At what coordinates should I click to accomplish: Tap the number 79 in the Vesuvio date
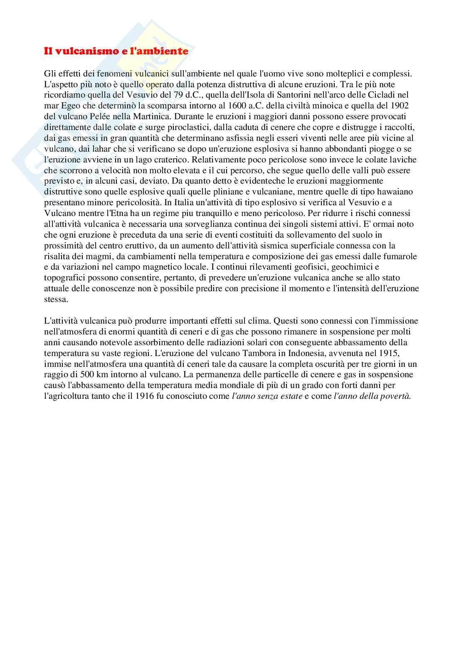point(159,95)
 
